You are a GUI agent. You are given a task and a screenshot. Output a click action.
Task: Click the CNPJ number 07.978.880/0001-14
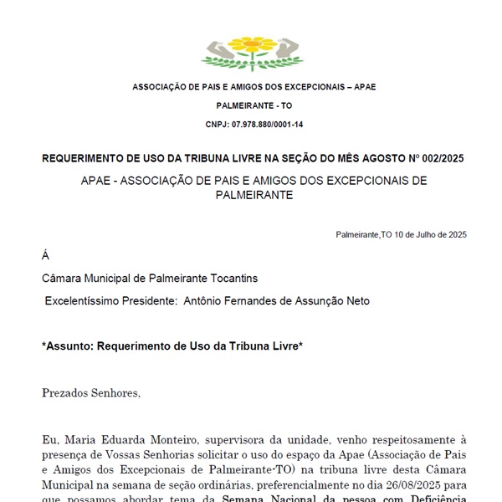266,124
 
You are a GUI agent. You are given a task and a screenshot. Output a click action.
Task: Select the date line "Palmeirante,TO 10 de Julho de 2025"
401,235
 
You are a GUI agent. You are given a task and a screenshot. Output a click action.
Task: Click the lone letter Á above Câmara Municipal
45,256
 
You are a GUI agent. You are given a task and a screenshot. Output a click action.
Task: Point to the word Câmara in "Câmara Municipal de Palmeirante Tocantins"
62,278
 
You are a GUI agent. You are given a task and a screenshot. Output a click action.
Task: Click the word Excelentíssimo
83,300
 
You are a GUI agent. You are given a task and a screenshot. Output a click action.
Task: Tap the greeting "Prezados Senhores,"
91,392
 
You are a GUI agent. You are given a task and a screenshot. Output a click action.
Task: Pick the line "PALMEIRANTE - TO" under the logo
254,106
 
